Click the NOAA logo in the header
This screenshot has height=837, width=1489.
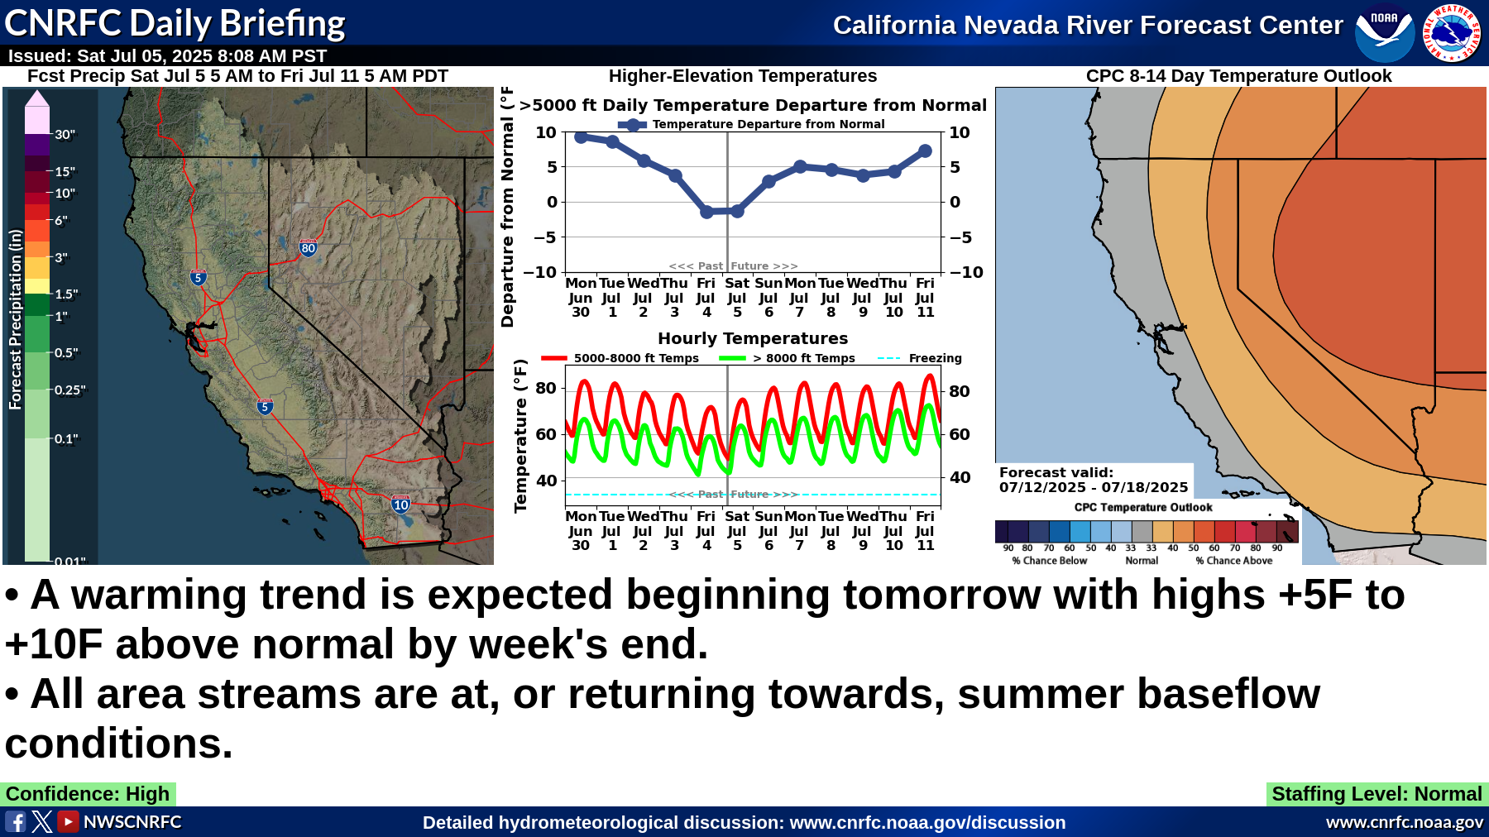tap(1385, 32)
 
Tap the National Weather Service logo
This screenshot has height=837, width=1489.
tap(1452, 32)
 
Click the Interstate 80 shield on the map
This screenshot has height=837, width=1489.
tap(308, 247)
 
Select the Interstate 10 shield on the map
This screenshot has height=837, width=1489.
tap(401, 505)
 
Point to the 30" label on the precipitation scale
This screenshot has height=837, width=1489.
tap(65, 135)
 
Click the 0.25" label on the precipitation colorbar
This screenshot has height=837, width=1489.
tap(70, 390)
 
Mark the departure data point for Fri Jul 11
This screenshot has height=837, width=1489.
tap(925, 151)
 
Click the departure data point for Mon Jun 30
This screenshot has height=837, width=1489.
tap(581, 137)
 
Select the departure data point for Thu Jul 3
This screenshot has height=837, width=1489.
tap(675, 175)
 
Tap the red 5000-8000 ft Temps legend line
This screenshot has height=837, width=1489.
tap(553, 358)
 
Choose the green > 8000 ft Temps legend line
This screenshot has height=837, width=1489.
tap(732, 358)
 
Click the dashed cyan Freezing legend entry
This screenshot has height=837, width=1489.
tap(919, 358)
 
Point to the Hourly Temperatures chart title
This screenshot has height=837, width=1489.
tap(753, 338)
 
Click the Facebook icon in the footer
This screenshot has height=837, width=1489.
tap(16, 821)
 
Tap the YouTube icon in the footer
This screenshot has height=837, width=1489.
tap(68, 821)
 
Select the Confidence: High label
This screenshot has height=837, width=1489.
tap(88, 794)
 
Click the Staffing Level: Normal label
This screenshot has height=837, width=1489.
tap(1377, 794)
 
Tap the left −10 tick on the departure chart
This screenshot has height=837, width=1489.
tap(544, 272)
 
